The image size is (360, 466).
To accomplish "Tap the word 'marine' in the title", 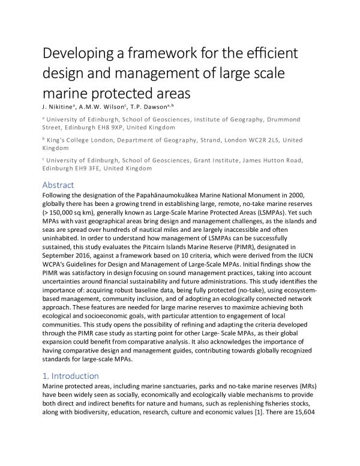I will point(67,93).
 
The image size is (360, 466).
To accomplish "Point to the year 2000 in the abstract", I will point(306,196).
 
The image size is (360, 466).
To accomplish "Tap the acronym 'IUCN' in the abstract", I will point(312,255).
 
